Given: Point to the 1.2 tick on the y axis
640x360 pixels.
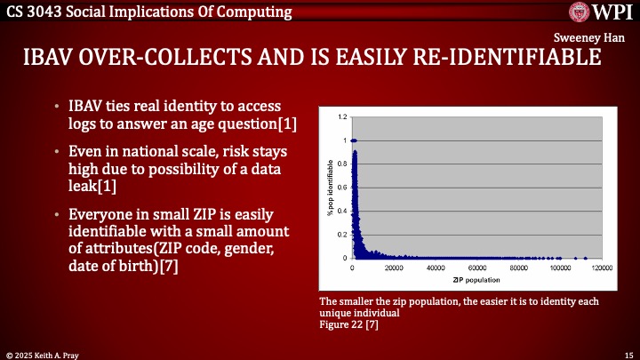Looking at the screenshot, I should click(x=342, y=117).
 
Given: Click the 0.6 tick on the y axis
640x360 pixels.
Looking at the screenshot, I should click(x=342, y=188).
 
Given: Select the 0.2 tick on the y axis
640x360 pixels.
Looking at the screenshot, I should click(x=342, y=235).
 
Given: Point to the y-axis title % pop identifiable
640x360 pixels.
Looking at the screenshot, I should click(x=329, y=188).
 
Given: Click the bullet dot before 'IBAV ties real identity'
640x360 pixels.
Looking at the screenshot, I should click(x=58, y=108).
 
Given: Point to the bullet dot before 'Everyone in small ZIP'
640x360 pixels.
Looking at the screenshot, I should click(x=58, y=215).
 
